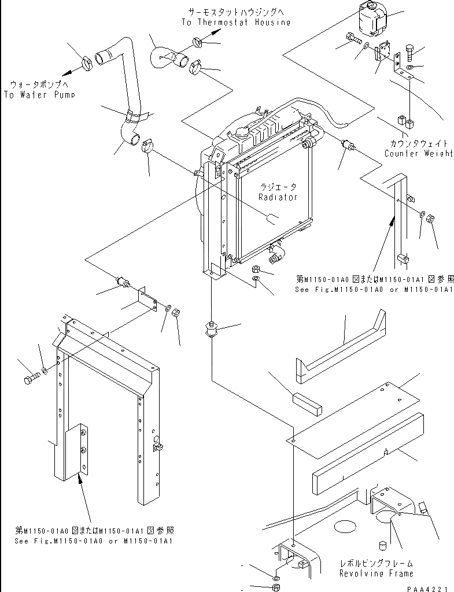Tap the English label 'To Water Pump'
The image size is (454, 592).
[x=39, y=94]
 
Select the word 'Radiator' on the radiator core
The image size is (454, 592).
[x=278, y=197]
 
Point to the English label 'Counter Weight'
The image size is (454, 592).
[x=419, y=154]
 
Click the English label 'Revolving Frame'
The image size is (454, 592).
[x=377, y=573]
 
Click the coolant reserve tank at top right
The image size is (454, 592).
[x=371, y=17]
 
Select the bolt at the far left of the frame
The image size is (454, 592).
[x=31, y=380]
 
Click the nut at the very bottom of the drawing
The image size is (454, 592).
[x=276, y=588]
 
